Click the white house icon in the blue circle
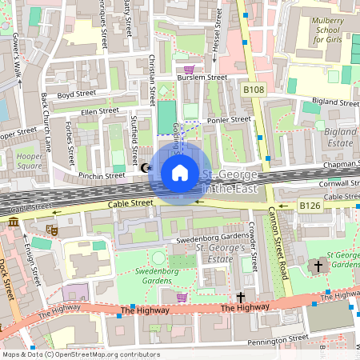tap(180, 173)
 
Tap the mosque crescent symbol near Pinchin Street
tap(146, 168)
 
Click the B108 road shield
tap(254, 91)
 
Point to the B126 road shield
tap(310, 206)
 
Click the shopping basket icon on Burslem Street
tap(189, 70)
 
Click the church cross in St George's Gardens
tap(318, 264)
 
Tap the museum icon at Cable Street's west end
tap(14, 222)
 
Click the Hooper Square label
tap(29, 161)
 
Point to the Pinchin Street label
tap(102, 175)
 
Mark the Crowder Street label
tap(252, 246)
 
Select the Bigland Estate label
tap(340, 136)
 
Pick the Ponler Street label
tap(229, 119)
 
